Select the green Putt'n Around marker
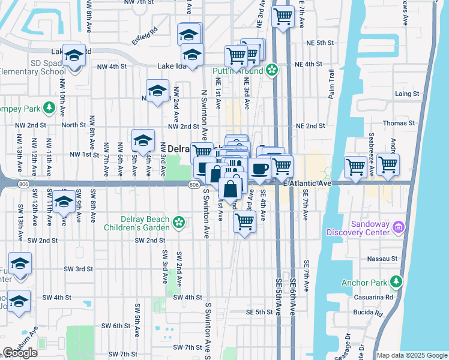click(x=272, y=70)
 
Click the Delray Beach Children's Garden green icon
click(x=178, y=223)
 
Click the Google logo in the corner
click(x=20, y=353)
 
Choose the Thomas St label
click(x=403, y=123)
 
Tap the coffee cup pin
click(x=261, y=169)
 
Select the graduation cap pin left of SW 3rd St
click(x=20, y=264)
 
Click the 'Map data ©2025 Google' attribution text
click(x=412, y=355)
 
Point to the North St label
click(x=74, y=125)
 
